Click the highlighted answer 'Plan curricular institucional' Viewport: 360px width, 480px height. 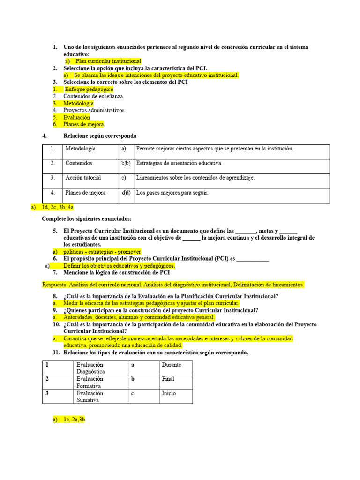click(108, 61)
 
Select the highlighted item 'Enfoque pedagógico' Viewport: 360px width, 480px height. click(89, 89)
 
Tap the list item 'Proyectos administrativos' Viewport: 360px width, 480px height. click(94, 110)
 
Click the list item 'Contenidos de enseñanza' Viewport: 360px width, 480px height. click(93, 96)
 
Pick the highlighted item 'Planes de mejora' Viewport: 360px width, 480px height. click(84, 124)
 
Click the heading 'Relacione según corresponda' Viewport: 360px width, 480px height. click(100, 136)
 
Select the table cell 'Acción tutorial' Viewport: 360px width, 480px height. click(83, 178)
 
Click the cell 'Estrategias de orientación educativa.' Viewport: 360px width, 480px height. click(179, 163)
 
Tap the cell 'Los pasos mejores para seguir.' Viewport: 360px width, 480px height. click(172, 193)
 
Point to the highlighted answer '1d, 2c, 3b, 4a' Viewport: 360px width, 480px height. click(58, 207)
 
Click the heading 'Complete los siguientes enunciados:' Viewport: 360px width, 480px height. click(87, 219)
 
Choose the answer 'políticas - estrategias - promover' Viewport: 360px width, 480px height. click(104, 252)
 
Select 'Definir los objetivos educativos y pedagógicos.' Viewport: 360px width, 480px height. click(119, 265)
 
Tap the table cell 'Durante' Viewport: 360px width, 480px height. click(171, 365)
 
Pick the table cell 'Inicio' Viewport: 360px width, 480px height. click(169, 393)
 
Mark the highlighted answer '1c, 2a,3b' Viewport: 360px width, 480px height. click(74, 420)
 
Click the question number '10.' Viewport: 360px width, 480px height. click(56, 324)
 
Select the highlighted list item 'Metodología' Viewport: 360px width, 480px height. click(79, 103)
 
